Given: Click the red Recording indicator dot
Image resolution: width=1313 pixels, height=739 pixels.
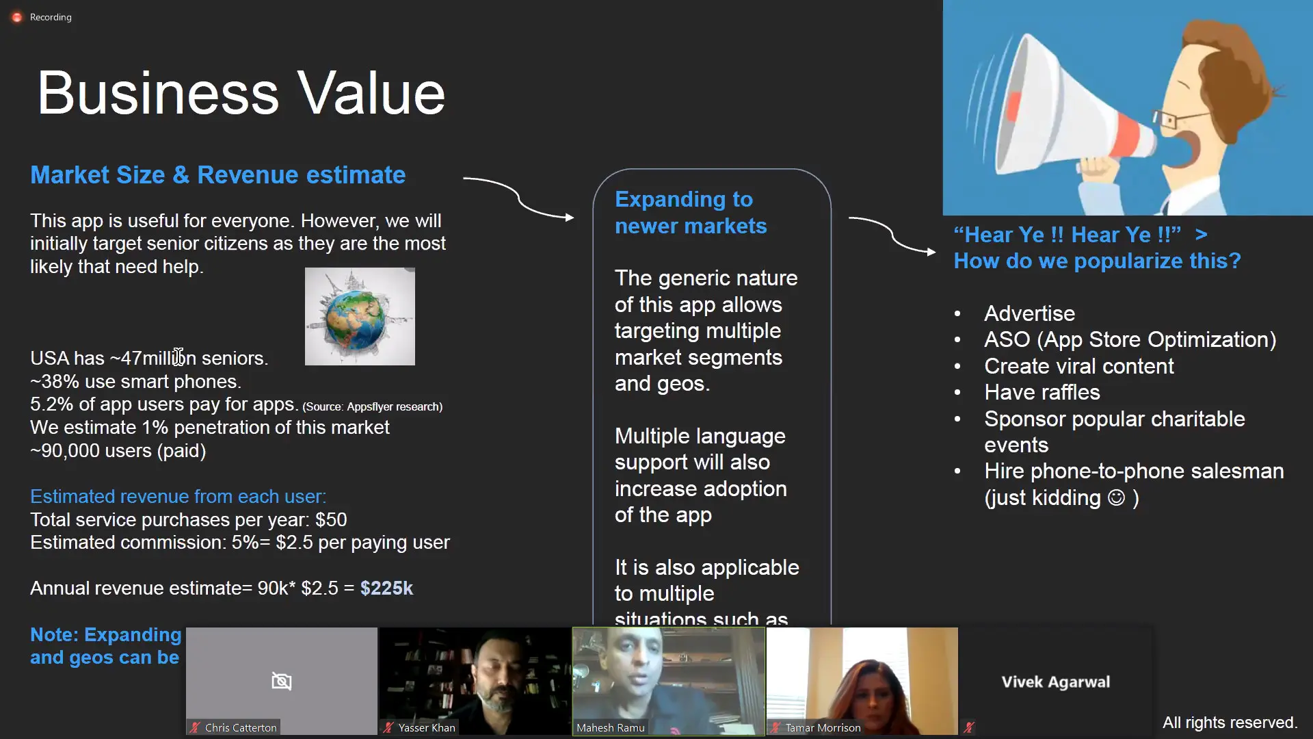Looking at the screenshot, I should click(x=17, y=17).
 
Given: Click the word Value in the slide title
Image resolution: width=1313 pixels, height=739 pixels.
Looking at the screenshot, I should click(x=372, y=93).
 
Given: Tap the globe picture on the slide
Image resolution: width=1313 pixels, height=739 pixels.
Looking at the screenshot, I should click(x=360, y=316).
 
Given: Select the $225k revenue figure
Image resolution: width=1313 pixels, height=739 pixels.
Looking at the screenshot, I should click(x=386, y=588).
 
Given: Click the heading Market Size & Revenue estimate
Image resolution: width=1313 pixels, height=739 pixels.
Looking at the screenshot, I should click(x=217, y=175).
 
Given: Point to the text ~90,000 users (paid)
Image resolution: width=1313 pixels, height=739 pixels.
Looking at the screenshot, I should click(x=118, y=451).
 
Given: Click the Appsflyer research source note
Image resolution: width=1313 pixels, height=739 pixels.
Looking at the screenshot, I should click(x=373, y=406).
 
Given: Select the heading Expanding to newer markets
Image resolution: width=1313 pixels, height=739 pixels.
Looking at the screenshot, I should click(x=690, y=212).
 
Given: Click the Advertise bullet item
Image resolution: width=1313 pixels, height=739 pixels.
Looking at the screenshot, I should click(x=1029, y=313).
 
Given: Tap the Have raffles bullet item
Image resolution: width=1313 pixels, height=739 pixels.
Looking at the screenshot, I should click(x=1042, y=392).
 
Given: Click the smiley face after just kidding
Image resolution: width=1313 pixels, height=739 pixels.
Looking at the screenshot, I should click(x=1116, y=497).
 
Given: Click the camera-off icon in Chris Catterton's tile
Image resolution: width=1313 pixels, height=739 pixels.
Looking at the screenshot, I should click(x=281, y=681).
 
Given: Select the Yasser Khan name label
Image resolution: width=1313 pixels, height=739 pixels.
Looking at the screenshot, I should click(x=426, y=727).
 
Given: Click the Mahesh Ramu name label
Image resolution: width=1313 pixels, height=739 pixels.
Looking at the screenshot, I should click(x=610, y=727).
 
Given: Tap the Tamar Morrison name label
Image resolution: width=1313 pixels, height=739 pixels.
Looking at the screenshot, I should click(x=822, y=727).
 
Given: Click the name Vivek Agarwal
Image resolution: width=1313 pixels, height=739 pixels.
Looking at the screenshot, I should click(x=1055, y=682).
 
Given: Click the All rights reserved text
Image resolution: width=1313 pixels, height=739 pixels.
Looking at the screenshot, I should click(x=1230, y=723).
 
